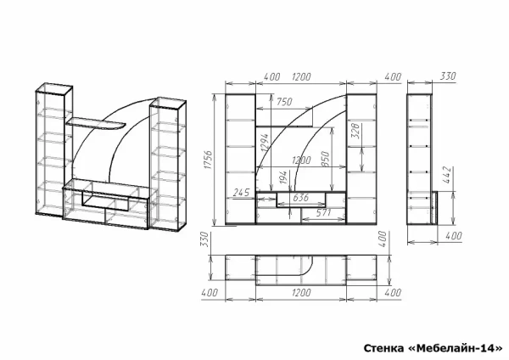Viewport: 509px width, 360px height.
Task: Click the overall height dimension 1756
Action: click(x=209, y=160)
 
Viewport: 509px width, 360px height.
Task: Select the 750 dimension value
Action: click(x=284, y=102)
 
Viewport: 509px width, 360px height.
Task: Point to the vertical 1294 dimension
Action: click(x=265, y=143)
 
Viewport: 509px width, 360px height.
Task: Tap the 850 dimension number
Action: click(x=325, y=159)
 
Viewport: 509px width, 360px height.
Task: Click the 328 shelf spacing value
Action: click(x=355, y=131)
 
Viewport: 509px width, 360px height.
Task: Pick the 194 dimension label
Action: click(x=283, y=177)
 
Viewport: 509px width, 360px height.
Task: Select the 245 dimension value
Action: click(x=242, y=193)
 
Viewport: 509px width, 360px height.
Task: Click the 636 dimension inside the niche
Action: click(x=301, y=198)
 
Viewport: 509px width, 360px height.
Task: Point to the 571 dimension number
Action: click(x=323, y=213)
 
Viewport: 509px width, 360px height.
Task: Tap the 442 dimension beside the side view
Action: click(x=447, y=175)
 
